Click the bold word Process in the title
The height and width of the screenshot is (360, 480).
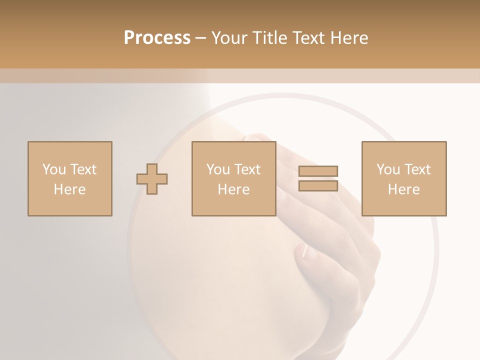point(157,38)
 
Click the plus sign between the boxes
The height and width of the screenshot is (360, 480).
point(152,178)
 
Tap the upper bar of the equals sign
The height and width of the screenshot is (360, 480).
point(318,171)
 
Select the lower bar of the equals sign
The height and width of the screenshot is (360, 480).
point(318,185)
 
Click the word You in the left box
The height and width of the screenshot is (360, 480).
point(54,169)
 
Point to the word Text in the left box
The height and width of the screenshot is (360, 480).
point(83,169)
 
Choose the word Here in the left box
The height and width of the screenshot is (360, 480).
point(69,189)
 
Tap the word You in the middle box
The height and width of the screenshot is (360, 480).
point(218,169)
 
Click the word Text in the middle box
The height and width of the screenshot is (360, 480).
point(247,169)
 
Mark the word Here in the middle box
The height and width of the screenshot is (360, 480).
point(233,189)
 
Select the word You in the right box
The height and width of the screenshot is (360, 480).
point(388,169)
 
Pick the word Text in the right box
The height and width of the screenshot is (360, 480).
point(417,169)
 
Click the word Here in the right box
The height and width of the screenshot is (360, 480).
point(403,189)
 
